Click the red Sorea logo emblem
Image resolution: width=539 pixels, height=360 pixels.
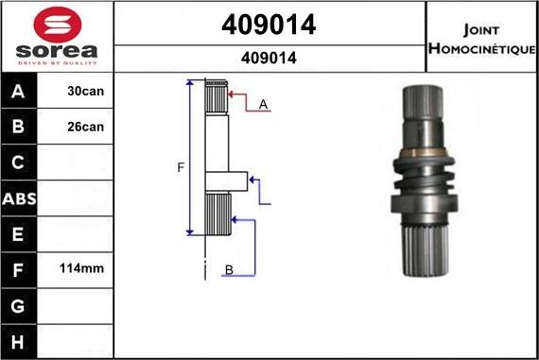click(x=58, y=25)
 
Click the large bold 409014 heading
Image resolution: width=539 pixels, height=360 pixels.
click(x=269, y=25)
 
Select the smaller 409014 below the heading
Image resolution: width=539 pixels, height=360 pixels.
click(x=269, y=58)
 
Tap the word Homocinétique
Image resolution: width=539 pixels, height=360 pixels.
click(x=482, y=48)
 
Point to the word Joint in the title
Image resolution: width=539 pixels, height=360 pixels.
click(x=481, y=30)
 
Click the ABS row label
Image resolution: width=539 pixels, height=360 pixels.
click(x=19, y=198)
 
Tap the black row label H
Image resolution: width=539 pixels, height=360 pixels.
click(x=18, y=342)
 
